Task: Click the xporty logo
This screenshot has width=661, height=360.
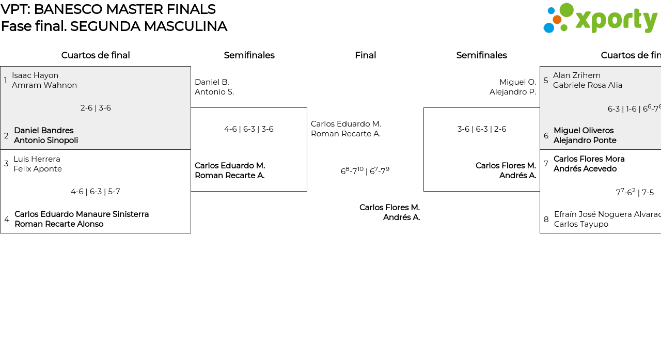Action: (600, 19)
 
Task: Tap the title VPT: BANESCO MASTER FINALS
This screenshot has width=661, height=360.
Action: (108, 9)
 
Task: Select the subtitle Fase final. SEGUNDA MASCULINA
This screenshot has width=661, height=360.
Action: (114, 26)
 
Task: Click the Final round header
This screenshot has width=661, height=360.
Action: (365, 55)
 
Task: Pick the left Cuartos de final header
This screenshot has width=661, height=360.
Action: (96, 55)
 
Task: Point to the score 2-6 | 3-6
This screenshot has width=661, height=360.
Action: (96, 108)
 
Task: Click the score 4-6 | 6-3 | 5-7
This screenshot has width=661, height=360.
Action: (96, 192)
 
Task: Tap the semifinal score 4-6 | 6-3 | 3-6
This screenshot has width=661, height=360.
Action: (249, 129)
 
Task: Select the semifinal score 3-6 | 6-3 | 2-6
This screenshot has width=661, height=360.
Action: (481, 129)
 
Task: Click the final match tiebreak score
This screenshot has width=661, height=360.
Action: (365, 171)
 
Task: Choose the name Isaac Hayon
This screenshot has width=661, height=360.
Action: (35, 75)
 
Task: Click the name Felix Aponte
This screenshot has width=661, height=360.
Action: (38, 169)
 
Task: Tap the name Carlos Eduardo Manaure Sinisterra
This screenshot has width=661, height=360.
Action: (82, 214)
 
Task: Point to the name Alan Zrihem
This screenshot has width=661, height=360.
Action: (577, 75)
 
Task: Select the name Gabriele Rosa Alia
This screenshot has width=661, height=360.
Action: (588, 85)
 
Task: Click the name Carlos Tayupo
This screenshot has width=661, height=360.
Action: (581, 224)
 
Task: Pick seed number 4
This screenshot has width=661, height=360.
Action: (6, 220)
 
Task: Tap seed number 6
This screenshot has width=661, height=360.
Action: (546, 136)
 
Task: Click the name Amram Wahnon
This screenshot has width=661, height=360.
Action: (44, 85)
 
